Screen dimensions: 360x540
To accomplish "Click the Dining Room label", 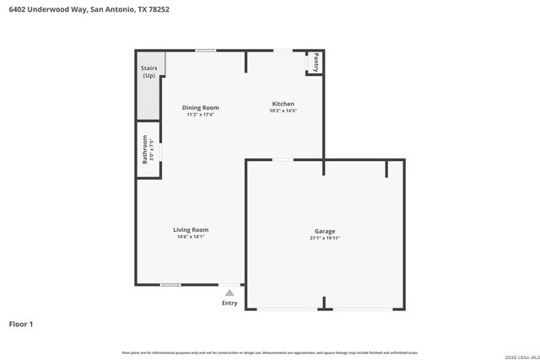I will (201, 107).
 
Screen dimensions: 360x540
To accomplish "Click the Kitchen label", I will (283, 104).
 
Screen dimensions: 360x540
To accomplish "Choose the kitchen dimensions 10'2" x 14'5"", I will (283, 110).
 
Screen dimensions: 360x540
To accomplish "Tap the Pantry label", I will (316, 62).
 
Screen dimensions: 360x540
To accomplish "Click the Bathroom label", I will (145, 149).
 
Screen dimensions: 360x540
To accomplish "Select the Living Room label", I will (191, 229).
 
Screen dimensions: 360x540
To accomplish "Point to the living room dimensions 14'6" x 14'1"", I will (191, 237).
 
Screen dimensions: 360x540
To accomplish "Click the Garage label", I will (325, 231).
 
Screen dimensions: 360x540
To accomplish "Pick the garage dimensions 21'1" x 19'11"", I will (325, 239).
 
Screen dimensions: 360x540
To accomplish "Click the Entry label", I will (229, 303).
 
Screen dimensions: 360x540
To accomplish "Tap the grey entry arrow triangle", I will (229, 293).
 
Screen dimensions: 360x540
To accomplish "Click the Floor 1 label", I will (21, 323).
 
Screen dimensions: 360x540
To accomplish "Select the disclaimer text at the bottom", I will (270, 352).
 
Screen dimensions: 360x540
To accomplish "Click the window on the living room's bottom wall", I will (170, 285).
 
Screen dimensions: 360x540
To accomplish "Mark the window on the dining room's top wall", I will (205, 51).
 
